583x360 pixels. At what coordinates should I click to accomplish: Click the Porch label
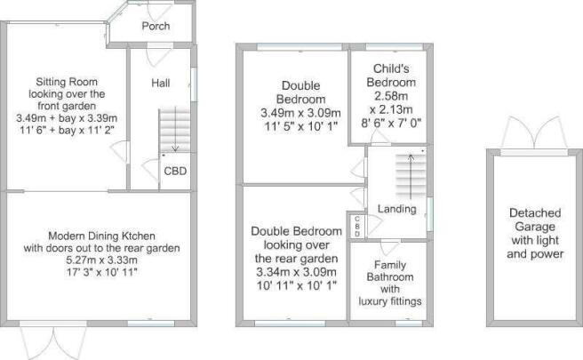click(156, 26)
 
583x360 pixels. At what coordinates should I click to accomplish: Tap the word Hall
click(161, 83)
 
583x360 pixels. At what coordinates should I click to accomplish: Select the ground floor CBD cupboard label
click(175, 171)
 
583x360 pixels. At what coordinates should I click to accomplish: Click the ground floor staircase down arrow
click(175, 130)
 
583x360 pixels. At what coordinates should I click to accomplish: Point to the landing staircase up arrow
click(411, 176)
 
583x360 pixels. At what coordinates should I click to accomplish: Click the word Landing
click(396, 209)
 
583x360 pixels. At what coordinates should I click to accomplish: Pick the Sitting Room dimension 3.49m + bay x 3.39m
click(67, 118)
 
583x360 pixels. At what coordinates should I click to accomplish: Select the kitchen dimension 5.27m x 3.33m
click(101, 260)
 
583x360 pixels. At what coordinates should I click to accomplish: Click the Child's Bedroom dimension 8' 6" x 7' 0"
click(391, 123)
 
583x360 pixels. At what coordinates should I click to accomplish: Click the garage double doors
click(534, 132)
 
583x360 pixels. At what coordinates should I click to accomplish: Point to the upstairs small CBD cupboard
click(357, 226)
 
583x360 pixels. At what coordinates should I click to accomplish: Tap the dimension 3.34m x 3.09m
click(296, 272)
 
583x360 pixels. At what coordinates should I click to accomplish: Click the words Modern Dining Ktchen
click(101, 236)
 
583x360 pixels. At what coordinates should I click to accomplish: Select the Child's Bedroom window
click(394, 47)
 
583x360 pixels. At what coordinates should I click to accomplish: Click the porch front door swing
click(160, 12)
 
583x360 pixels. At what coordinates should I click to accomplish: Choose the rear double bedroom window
click(290, 324)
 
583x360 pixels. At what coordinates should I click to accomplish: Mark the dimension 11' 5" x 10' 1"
click(300, 126)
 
